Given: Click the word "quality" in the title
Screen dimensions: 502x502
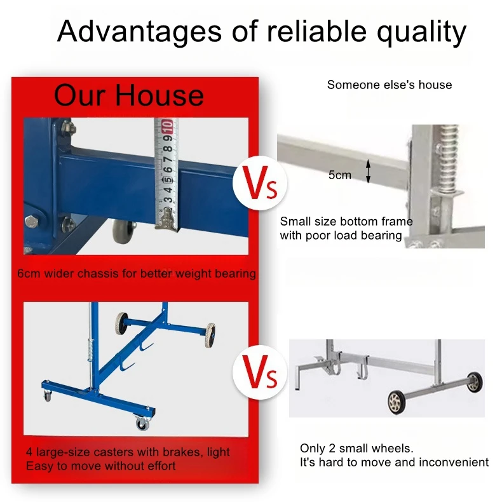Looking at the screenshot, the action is point(421,32).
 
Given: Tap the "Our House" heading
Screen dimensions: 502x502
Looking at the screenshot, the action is point(129,95).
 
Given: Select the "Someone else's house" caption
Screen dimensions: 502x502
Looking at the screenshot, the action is point(390,85).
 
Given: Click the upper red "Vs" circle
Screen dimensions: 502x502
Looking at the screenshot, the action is point(260,183).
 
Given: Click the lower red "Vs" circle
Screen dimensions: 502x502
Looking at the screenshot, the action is point(260,372).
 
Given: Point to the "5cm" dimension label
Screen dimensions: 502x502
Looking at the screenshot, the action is point(340,175).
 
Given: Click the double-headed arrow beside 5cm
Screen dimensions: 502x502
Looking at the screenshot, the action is point(368,172).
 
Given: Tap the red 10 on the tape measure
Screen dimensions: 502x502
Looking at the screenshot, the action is point(167,126).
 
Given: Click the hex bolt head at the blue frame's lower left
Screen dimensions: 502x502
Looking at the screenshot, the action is point(32,222).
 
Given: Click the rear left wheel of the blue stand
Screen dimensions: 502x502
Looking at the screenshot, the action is point(120,324).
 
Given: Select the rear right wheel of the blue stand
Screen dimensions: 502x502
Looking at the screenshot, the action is point(210,335).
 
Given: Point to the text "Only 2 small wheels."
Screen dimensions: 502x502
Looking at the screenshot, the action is point(356,449).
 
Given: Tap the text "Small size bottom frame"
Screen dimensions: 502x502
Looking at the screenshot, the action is point(346,222).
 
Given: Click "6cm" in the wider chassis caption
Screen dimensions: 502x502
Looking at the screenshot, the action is point(29,274).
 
